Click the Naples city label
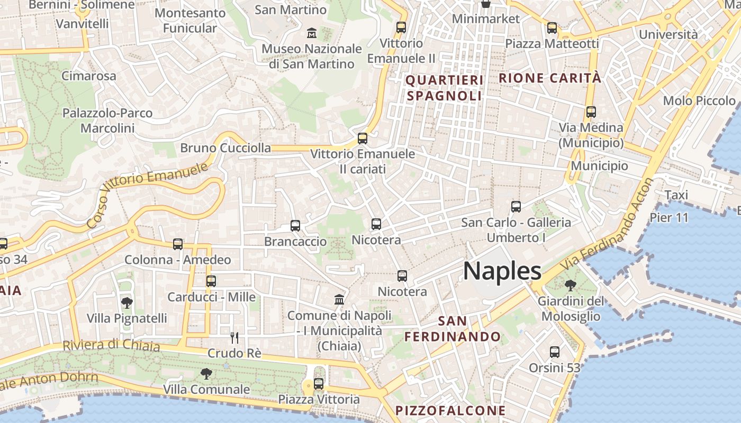tap(502, 271)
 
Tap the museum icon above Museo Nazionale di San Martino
tap(312, 33)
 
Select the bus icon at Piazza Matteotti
tap(552, 28)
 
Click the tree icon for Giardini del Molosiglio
tap(570, 286)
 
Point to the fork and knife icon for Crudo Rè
tap(234, 337)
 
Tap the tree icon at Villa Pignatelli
tap(126, 303)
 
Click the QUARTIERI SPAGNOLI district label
tap(445, 88)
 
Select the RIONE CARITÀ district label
tap(550, 78)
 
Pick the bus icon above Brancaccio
tap(295, 226)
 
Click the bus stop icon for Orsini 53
tap(555, 352)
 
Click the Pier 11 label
tap(669, 217)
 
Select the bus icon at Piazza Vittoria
tap(318, 384)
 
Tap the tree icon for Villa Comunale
tap(206, 374)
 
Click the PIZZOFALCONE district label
tap(450, 410)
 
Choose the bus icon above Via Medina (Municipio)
tap(591, 112)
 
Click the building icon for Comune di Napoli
tap(339, 300)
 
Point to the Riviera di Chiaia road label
tap(111, 345)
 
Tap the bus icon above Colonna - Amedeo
tap(178, 244)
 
